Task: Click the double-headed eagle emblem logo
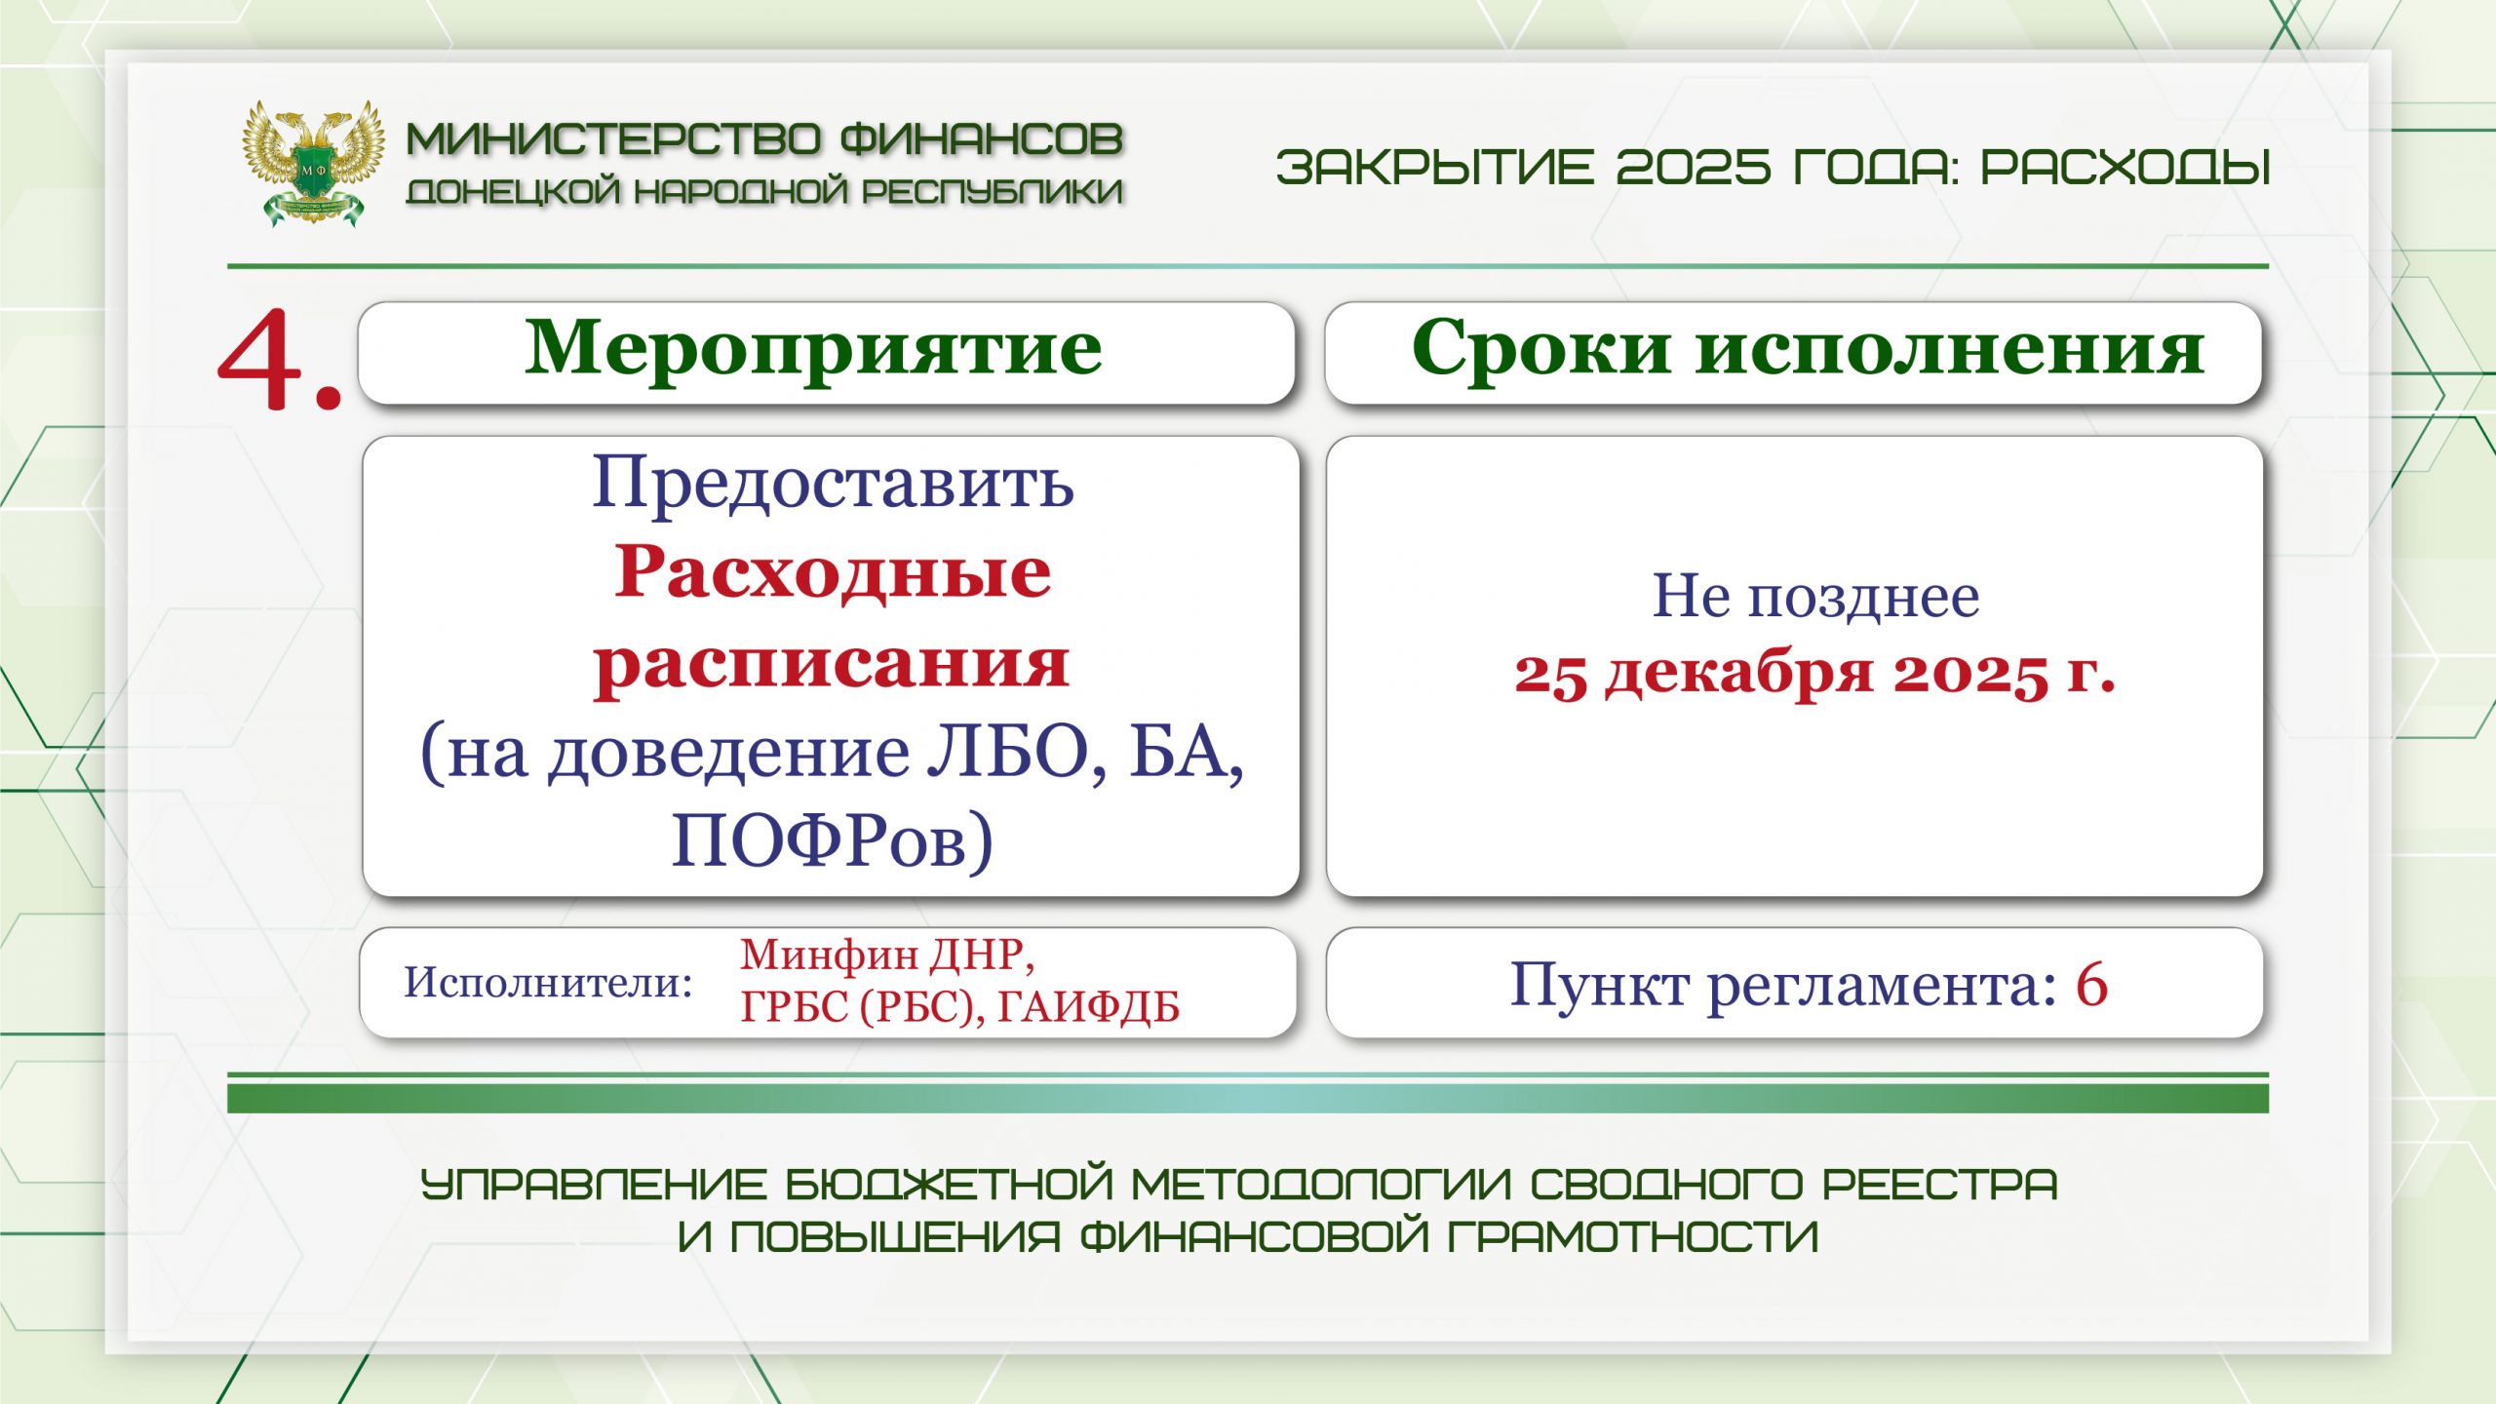click(x=312, y=163)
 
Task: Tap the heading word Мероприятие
click(x=814, y=349)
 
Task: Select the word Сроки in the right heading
click(x=1540, y=348)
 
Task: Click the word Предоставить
click(x=834, y=482)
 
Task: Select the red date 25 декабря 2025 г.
click(x=1814, y=673)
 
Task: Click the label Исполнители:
click(x=548, y=982)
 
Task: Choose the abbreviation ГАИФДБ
click(x=1088, y=1007)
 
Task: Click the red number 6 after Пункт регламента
click(x=2091, y=984)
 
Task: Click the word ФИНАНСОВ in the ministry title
click(x=981, y=139)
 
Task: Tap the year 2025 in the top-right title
click(x=1693, y=167)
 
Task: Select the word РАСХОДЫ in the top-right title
click(x=2126, y=167)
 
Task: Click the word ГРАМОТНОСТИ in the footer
click(x=1633, y=1237)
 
